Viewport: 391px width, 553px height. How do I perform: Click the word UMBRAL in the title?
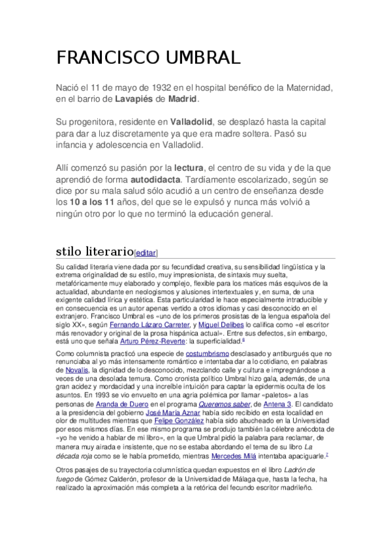195,58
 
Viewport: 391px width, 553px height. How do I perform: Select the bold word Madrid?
182,100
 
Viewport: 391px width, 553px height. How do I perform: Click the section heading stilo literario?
94,251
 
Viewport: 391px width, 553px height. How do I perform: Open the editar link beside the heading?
146,253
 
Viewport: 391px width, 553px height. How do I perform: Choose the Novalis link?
69,370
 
